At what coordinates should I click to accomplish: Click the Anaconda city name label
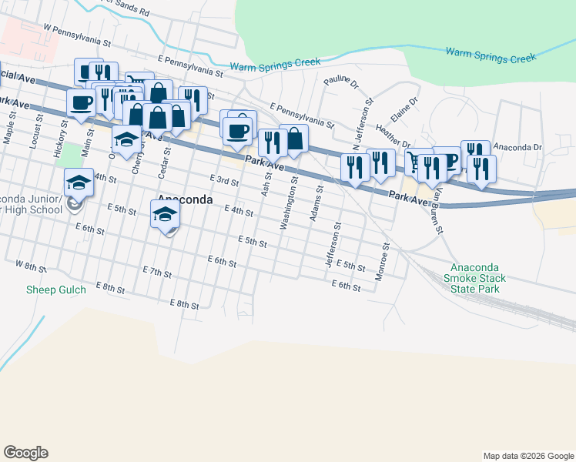(186, 199)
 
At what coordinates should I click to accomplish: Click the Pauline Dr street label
(341, 80)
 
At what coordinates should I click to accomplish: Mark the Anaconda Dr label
(517, 146)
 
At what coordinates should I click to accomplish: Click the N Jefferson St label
(362, 123)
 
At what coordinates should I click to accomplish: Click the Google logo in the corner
(25, 452)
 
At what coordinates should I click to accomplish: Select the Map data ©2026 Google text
(527, 456)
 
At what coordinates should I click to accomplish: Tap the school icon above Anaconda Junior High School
(79, 182)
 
